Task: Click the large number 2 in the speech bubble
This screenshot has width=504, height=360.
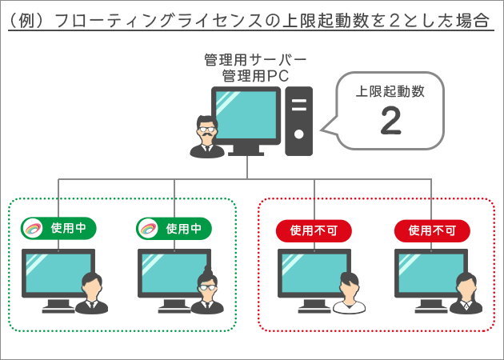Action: click(391, 120)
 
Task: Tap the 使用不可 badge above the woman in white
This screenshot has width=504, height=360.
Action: click(313, 230)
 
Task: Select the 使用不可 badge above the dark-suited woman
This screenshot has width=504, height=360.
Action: click(431, 230)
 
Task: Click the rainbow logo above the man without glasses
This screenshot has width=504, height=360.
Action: click(34, 228)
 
